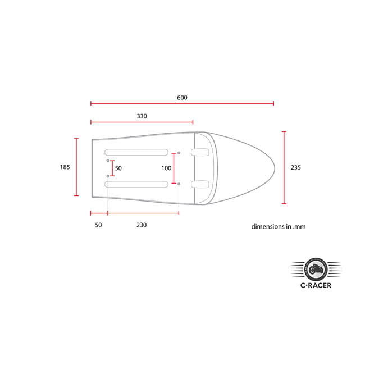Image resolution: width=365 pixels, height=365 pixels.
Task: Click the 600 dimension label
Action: [x=182, y=98]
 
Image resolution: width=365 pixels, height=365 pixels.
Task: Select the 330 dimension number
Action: [x=142, y=116]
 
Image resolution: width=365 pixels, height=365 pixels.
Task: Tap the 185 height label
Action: [x=65, y=167]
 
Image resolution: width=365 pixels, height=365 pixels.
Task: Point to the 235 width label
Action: [x=295, y=167]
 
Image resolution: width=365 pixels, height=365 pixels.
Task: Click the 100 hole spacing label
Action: [x=166, y=168]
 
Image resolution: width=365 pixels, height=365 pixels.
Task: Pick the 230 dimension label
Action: [x=142, y=225]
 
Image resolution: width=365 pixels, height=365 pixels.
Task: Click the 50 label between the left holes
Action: [x=118, y=168]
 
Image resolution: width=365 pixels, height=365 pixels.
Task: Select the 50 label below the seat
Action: [x=98, y=225]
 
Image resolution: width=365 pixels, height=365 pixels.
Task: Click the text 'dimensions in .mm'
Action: [x=279, y=227]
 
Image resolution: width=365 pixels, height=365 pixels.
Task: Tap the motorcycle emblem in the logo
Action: [x=316, y=270]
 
